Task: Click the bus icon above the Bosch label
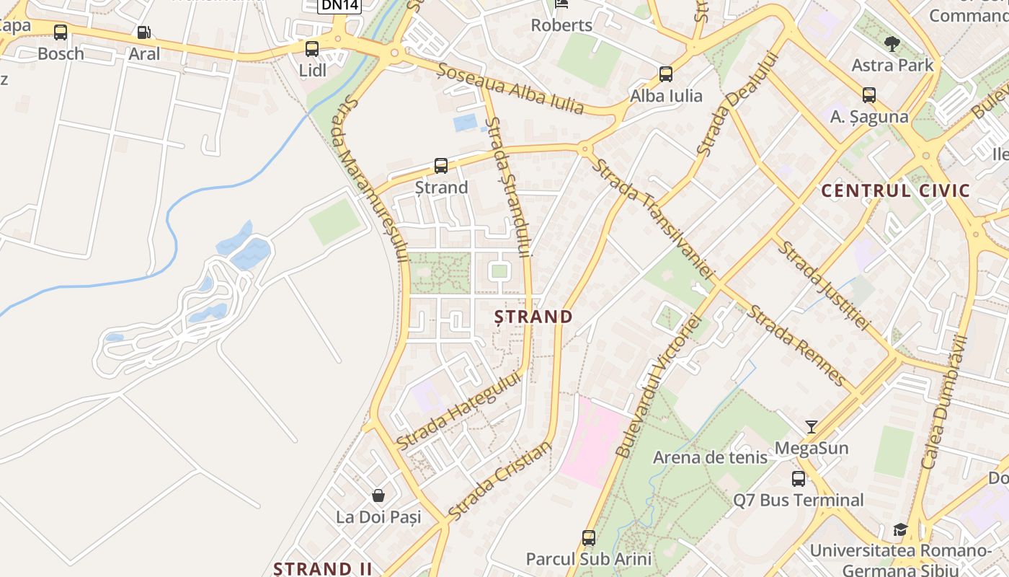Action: click(x=61, y=32)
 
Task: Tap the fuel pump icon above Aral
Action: click(x=143, y=32)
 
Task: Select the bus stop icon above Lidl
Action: click(x=312, y=49)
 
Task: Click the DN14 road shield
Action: click(x=339, y=5)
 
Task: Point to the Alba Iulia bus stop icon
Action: click(x=666, y=74)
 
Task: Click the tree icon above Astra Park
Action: click(x=892, y=44)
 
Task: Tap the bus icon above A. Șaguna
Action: click(x=869, y=94)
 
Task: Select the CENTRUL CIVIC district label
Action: click(x=896, y=191)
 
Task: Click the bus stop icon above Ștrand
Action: click(x=441, y=166)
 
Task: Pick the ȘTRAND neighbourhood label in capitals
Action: click(x=534, y=317)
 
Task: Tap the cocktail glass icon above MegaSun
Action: click(x=812, y=427)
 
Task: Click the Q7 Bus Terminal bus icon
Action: click(x=799, y=478)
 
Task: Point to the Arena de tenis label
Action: click(x=710, y=457)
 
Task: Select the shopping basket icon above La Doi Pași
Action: click(x=378, y=495)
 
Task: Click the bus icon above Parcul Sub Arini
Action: click(x=589, y=537)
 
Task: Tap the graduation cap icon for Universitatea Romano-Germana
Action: click(x=899, y=530)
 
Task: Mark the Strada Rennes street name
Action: click(x=796, y=345)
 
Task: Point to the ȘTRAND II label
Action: click(x=323, y=568)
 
